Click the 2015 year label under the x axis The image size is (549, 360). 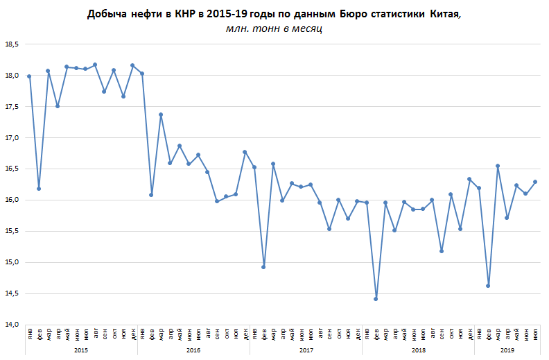tap(81, 350)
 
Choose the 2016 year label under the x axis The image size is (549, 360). tap(193, 350)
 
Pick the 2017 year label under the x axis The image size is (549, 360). tap(306, 350)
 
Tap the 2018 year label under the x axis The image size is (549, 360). tap(418, 350)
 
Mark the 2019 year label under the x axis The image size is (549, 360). tap(507, 350)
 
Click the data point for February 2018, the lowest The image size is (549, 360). tap(376, 299)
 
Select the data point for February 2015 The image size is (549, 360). tap(39, 189)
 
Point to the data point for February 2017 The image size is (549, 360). tap(263, 267)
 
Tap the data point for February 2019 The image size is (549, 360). tap(489, 286)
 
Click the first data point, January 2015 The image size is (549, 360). tap(29, 76)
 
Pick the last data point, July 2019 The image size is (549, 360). tap(535, 182)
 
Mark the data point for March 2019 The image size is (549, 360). tap(498, 166)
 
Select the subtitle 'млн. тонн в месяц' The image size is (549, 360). tap(274, 28)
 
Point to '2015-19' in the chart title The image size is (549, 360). tap(218, 15)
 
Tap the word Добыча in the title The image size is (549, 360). tap(107, 15)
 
